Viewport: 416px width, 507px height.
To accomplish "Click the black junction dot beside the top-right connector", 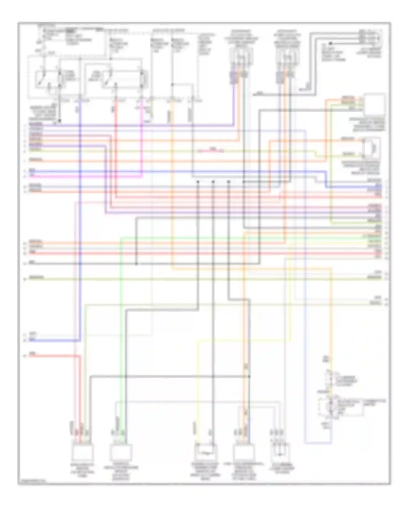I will pos(330,43).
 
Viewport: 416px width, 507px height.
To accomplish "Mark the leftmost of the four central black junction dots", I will pos(198,182).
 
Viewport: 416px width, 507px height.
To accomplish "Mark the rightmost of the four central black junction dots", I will pos(244,182).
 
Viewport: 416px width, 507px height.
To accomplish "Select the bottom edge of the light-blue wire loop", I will pos(318,443).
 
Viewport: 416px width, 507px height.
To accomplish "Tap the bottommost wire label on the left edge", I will pos(33,354).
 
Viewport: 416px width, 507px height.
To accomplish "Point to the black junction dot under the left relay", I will pos(59,121).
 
